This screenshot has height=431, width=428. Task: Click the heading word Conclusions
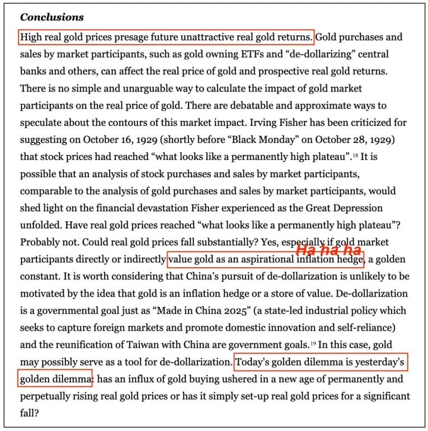51,17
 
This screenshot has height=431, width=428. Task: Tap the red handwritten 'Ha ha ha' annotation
328,250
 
